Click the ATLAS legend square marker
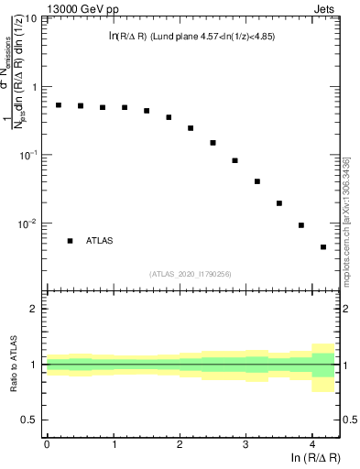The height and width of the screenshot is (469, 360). coord(70,241)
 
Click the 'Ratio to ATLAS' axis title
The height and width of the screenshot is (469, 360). coord(13,364)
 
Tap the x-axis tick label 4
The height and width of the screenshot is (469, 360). coord(312,442)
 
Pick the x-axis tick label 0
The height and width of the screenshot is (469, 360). coord(47,442)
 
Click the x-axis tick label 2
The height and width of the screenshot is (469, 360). coord(180,442)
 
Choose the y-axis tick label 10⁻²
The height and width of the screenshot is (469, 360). coord(28,224)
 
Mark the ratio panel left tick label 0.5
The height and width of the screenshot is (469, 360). coord(31,420)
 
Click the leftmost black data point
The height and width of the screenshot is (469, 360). coord(59,105)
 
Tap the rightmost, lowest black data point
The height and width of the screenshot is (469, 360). coord(323,247)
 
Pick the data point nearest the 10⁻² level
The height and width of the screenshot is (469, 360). coord(301,225)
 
